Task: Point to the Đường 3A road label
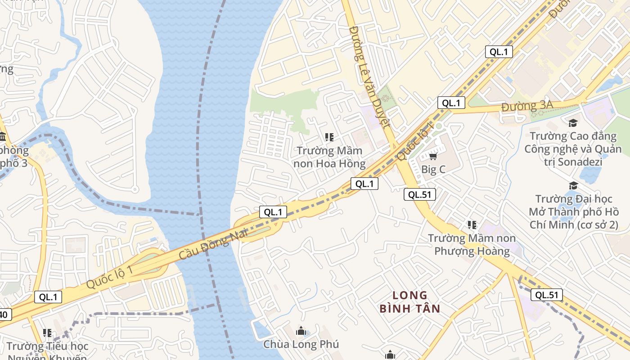[x=527, y=107]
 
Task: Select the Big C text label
[x=433, y=170]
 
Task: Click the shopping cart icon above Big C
[x=433, y=156]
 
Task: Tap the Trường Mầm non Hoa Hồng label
[x=329, y=157]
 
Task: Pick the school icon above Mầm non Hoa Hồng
[x=329, y=137]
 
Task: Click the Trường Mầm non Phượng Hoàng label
[x=472, y=244]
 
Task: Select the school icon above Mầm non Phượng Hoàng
[x=472, y=225]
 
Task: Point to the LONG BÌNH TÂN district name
[x=409, y=302]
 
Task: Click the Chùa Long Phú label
[x=301, y=344]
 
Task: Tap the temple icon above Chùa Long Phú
[x=301, y=331]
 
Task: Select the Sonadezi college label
[x=572, y=148]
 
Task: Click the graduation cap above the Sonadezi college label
[x=573, y=123]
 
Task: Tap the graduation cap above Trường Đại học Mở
[x=573, y=186]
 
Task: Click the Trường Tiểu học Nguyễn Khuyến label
[x=48, y=351]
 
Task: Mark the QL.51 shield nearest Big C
[x=419, y=194]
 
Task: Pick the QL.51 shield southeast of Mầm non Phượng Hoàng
[x=547, y=295]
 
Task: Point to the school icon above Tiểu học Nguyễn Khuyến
[x=47, y=333]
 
